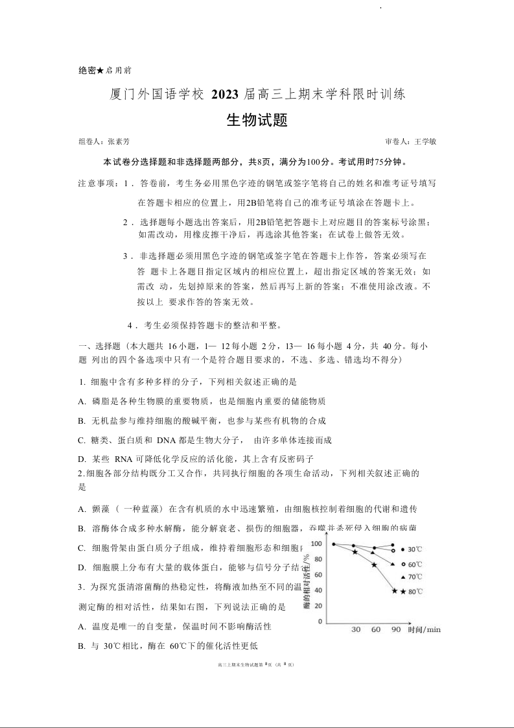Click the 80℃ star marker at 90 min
click(x=395, y=590)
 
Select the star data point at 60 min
click(x=374, y=565)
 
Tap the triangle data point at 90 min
click(x=393, y=564)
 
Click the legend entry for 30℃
click(x=412, y=549)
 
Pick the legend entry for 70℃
click(x=412, y=577)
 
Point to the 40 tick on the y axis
click(x=318, y=590)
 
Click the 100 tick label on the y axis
click(x=316, y=544)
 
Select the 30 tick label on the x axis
click(x=356, y=630)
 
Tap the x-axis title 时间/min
click(x=425, y=630)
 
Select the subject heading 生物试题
click(x=257, y=121)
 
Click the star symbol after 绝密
click(x=100, y=70)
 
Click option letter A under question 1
click(x=82, y=402)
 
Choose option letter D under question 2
click(x=82, y=567)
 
